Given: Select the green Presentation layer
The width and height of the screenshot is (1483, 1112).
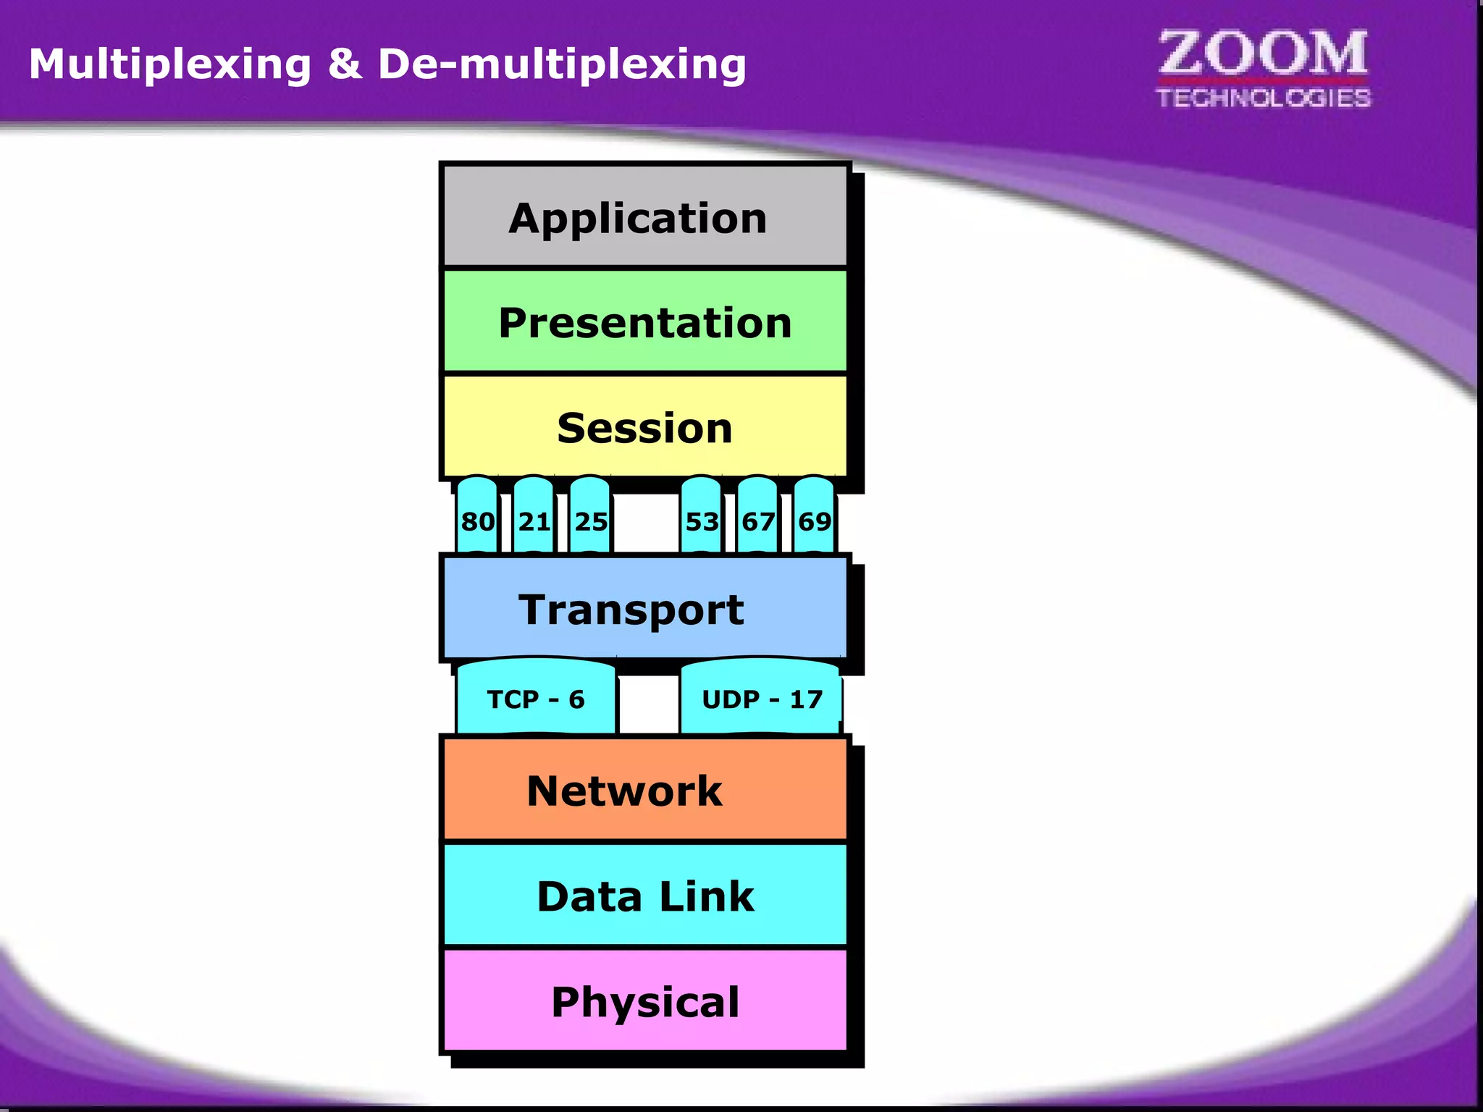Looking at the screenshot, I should coord(644,322).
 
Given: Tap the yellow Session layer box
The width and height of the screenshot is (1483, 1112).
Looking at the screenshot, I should coord(644,427).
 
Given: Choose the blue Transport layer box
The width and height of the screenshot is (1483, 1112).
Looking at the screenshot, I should coord(644,609).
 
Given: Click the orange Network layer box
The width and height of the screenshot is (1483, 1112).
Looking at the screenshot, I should coord(644,790).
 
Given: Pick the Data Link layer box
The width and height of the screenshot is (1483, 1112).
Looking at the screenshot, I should coord(644,896).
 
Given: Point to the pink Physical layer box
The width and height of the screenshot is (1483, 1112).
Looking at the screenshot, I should coord(644,1001).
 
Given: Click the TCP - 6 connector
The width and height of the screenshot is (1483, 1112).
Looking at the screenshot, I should coord(536,699).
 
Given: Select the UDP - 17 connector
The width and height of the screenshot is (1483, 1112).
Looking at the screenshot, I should coord(760,699).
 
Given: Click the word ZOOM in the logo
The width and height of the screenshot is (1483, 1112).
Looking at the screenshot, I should coord(1263,54).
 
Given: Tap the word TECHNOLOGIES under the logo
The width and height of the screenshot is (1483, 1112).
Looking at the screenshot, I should coord(1263,98).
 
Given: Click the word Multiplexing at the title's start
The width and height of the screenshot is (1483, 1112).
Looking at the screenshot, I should coord(170,65).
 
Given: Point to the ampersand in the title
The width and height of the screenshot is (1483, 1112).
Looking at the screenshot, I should coord(345,64).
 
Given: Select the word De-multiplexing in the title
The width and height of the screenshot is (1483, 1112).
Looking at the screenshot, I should coord(562,65).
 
